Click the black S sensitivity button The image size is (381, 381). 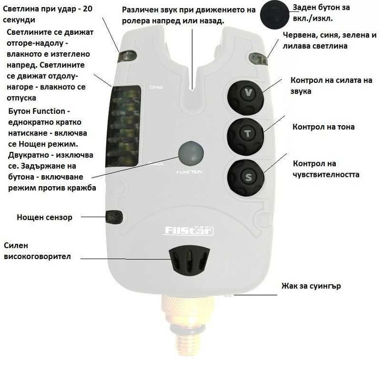pos(245,177)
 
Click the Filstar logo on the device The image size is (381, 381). pos(188,231)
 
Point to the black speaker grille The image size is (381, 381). pos(189,260)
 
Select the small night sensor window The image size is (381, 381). pos(114,217)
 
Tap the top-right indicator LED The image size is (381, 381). pos(258,59)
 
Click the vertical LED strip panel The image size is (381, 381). pos(123,126)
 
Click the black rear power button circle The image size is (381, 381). pos(274,15)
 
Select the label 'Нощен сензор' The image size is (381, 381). pos(45,217)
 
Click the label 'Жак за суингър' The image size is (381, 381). pos(311,286)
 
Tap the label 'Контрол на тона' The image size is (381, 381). pos(323,127)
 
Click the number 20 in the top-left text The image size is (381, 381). pos(88,9)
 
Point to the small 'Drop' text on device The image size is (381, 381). pos(156,87)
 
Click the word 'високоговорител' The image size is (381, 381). pos(37,256)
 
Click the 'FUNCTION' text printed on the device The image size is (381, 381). pos(189,172)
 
